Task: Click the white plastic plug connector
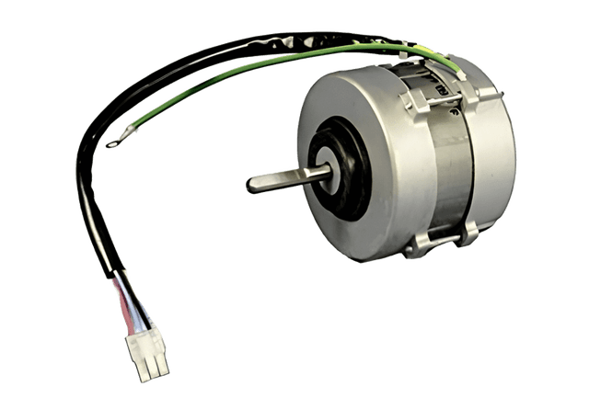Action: tap(148, 353)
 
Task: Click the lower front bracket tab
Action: tap(419, 243)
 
